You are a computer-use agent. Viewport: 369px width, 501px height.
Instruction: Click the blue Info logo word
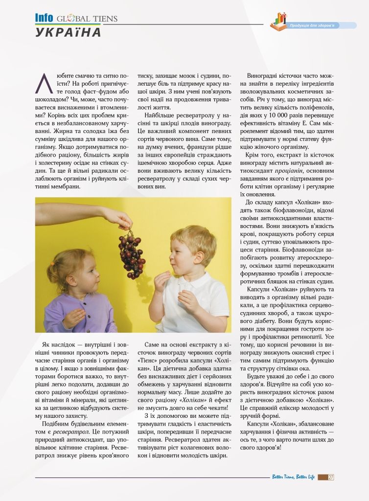44,18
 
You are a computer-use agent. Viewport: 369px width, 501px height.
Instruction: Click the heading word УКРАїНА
69,32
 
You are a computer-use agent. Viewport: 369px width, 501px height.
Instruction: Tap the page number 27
331,477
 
